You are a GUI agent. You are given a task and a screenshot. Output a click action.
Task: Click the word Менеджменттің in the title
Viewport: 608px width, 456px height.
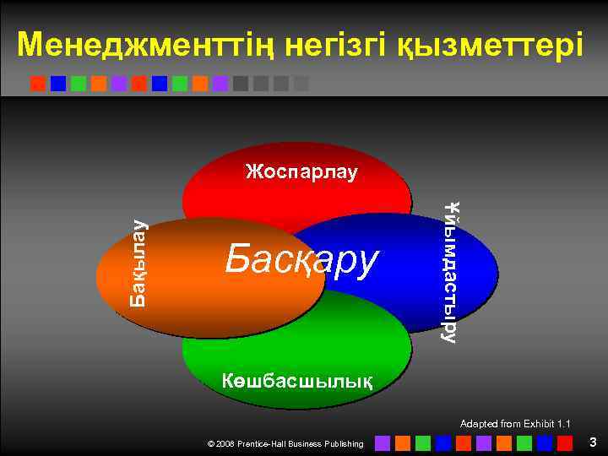coord(127,43)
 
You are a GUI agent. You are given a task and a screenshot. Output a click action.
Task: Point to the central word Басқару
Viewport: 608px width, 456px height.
coord(301,260)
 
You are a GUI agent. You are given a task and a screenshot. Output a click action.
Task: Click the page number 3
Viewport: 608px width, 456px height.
coord(593,442)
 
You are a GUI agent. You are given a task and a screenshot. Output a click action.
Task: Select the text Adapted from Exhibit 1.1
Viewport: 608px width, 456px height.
coord(515,422)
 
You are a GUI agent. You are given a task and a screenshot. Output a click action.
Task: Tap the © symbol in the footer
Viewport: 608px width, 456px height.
coord(210,443)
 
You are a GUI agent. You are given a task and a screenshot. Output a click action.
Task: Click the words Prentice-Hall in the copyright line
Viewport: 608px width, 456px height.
coord(269,443)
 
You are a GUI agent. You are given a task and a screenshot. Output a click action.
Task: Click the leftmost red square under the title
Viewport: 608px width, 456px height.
coord(38,84)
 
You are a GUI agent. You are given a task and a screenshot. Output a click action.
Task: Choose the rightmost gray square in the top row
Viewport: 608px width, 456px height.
coord(301,84)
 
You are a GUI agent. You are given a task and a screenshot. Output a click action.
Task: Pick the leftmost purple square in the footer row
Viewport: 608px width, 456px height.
coord(383,442)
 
